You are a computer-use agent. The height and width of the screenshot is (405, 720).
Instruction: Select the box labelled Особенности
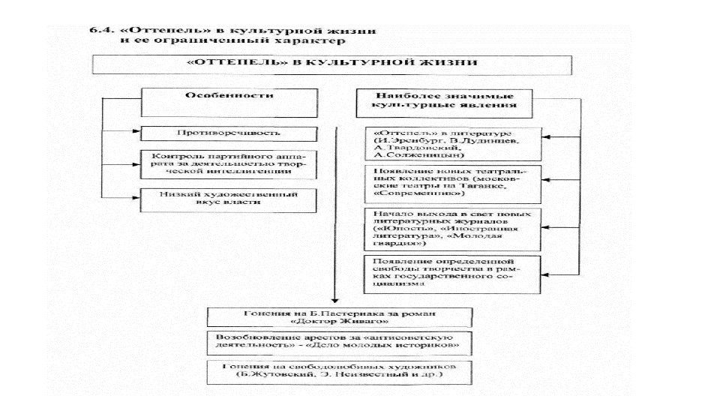pos(229,102)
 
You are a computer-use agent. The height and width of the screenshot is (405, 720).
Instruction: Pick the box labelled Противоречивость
pos(229,134)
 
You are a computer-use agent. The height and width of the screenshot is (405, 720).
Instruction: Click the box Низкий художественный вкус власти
pos(229,199)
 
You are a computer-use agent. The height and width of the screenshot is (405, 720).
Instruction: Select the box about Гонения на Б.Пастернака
pos(340,316)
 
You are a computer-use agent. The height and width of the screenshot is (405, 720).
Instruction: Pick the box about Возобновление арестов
pos(340,343)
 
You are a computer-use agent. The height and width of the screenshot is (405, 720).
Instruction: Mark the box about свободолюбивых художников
pos(340,372)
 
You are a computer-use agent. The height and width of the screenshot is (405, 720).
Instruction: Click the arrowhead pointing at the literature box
pos(546,139)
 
